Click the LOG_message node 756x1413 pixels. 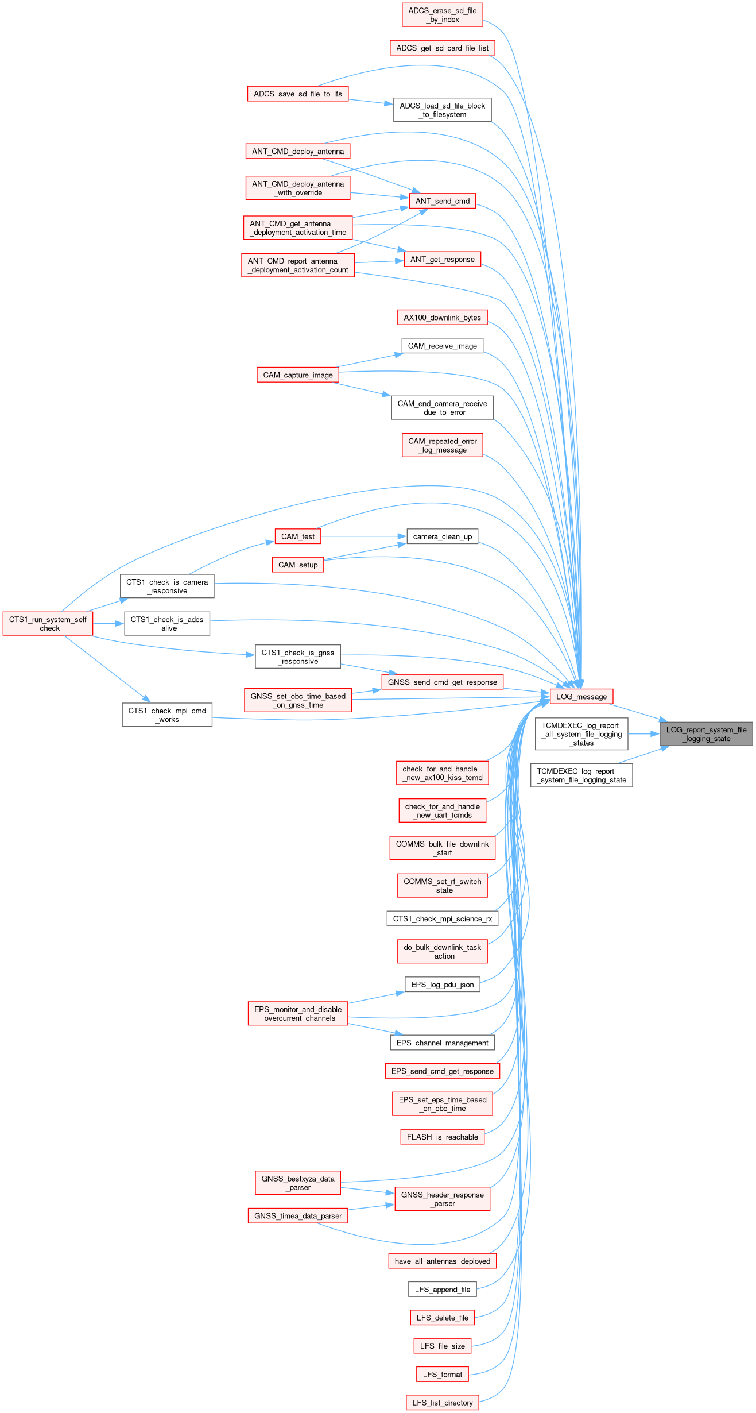tap(581, 696)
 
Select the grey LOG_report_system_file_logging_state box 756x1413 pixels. tap(706, 734)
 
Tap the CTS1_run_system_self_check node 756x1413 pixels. tap(48, 624)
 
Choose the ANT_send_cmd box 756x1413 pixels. tap(442, 201)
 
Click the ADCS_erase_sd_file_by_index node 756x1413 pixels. tap(442, 15)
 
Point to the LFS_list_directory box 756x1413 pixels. tap(442, 1403)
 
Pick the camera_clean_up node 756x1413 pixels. tap(442, 536)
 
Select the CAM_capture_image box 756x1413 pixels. tap(298, 375)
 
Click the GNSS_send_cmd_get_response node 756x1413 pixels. tap(442, 682)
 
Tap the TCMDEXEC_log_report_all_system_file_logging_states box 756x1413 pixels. tap(581, 734)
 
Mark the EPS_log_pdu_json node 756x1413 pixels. tap(442, 985)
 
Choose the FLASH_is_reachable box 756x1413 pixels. tap(442, 1137)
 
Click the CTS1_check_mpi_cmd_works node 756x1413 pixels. tap(167, 715)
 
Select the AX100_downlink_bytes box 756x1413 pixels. tap(442, 318)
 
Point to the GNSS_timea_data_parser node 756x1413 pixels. tap(298, 1215)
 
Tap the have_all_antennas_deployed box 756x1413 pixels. tap(442, 1261)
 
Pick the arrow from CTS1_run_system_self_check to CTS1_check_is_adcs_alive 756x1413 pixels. tap(108, 624)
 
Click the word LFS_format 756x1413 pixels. tap(442, 1375)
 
